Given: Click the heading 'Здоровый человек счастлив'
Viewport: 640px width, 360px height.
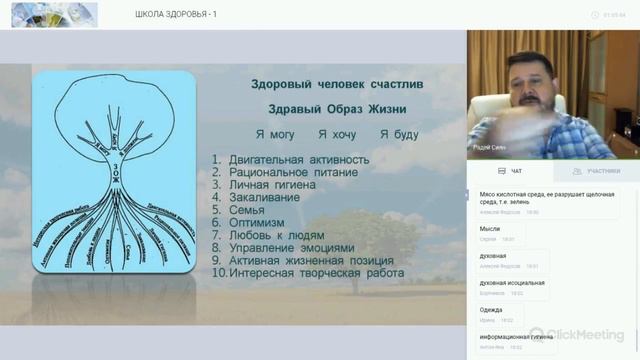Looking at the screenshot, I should [336, 85].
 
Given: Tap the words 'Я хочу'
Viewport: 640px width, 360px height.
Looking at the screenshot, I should [336, 134].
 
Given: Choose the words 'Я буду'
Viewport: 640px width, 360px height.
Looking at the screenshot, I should [399, 134].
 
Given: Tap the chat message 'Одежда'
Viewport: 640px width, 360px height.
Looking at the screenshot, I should [491, 310].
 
